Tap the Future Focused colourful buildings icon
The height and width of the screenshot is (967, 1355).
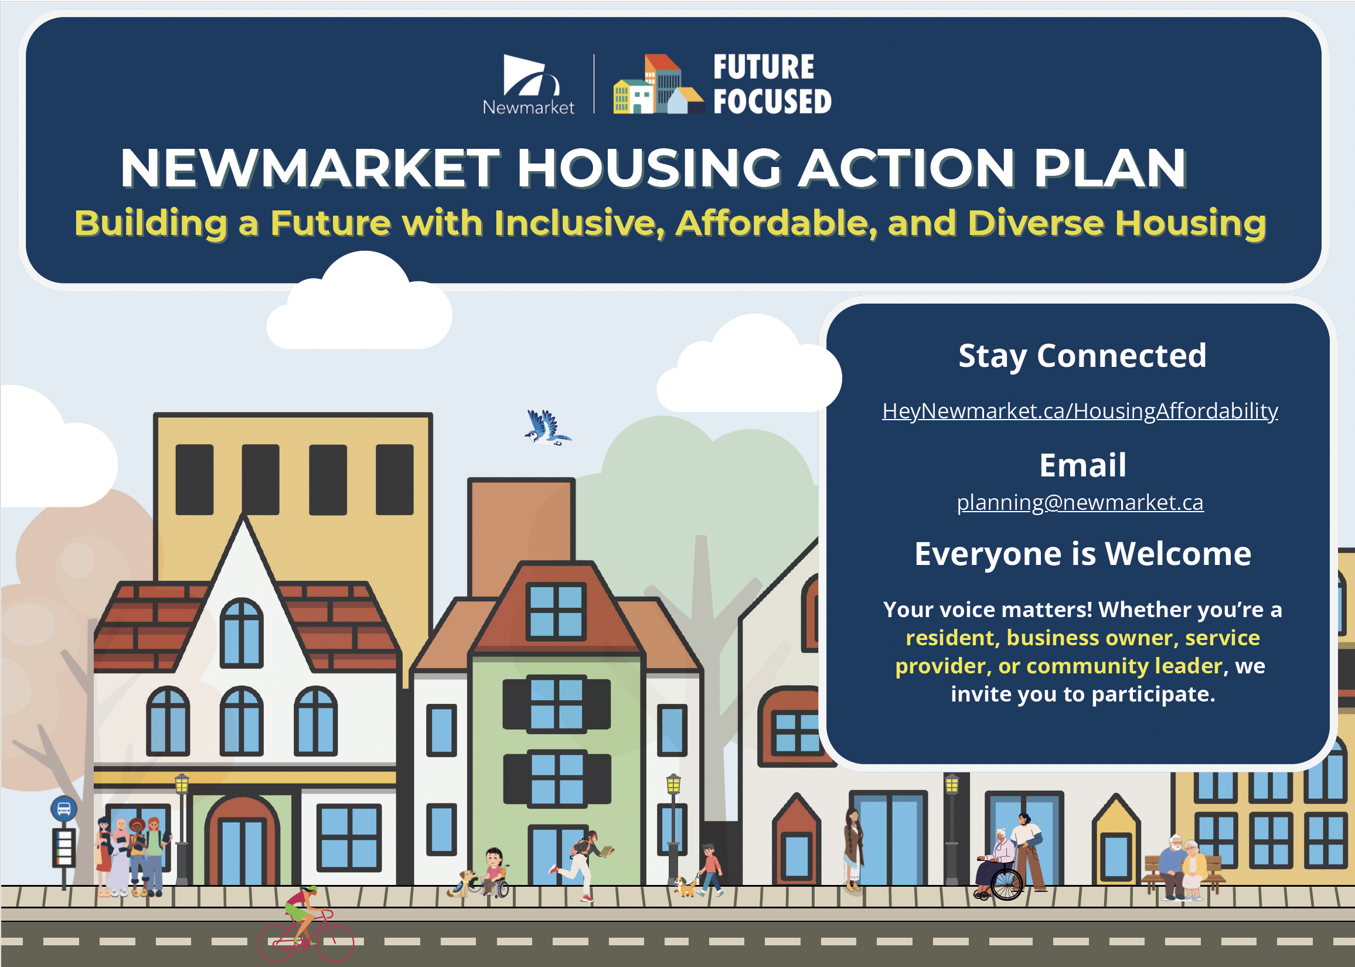coord(658,84)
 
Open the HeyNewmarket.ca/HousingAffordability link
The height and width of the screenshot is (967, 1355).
coord(1080,411)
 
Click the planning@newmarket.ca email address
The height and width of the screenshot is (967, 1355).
coord(1080,503)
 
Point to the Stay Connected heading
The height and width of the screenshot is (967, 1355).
coord(1082,356)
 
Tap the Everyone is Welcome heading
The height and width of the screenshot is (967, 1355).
coord(1083,554)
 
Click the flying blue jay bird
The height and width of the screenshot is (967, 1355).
coord(547,427)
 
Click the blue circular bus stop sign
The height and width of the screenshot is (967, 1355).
coord(64,809)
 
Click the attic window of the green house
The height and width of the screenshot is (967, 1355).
coord(556,611)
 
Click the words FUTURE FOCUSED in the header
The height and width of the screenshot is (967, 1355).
coord(772,84)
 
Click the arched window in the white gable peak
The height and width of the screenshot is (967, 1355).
coord(241,632)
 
